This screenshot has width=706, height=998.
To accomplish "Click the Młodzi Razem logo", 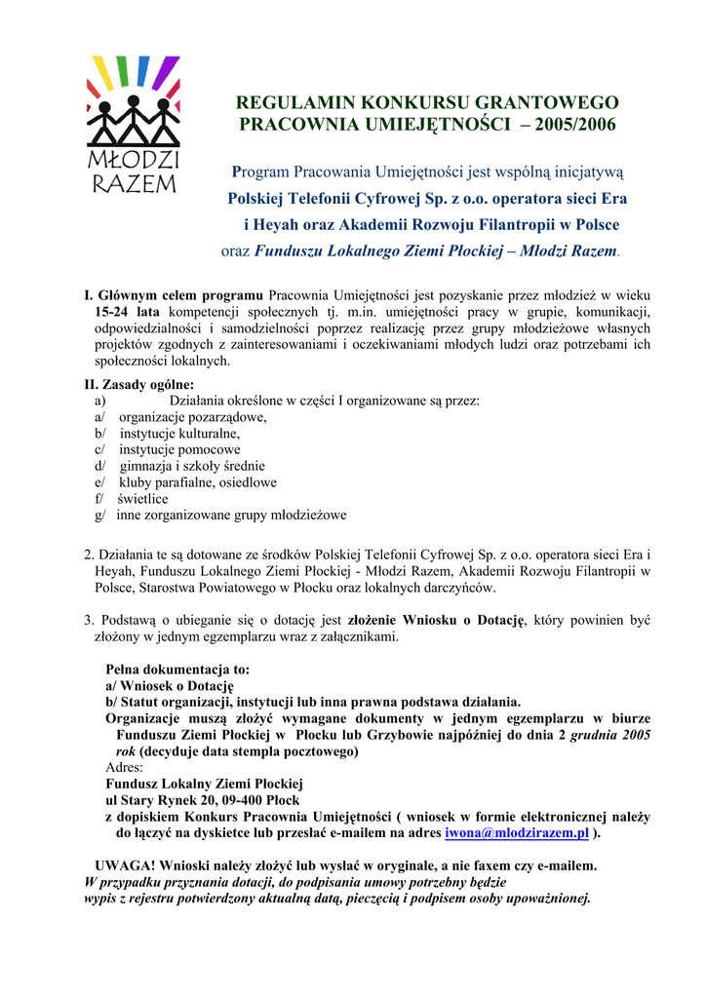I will click(x=133, y=125).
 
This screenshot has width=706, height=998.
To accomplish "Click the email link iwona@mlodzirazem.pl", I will click(x=516, y=833).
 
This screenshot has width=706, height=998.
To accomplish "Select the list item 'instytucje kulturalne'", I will click(x=179, y=433).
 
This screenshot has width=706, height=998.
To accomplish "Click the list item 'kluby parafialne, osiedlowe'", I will click(x=198, y=481).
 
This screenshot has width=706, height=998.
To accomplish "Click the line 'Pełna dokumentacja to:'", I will click(x=176, y=670).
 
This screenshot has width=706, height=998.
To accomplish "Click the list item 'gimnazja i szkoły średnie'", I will click(x=192, y=466).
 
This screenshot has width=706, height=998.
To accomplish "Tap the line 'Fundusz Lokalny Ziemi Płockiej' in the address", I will click(x=204, y=784).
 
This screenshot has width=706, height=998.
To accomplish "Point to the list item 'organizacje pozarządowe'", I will click(x=192, y=416).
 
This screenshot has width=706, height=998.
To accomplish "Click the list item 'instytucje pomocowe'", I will click(x=179, y=449).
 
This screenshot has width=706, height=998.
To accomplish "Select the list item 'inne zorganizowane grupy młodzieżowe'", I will click(x=231, y=515).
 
